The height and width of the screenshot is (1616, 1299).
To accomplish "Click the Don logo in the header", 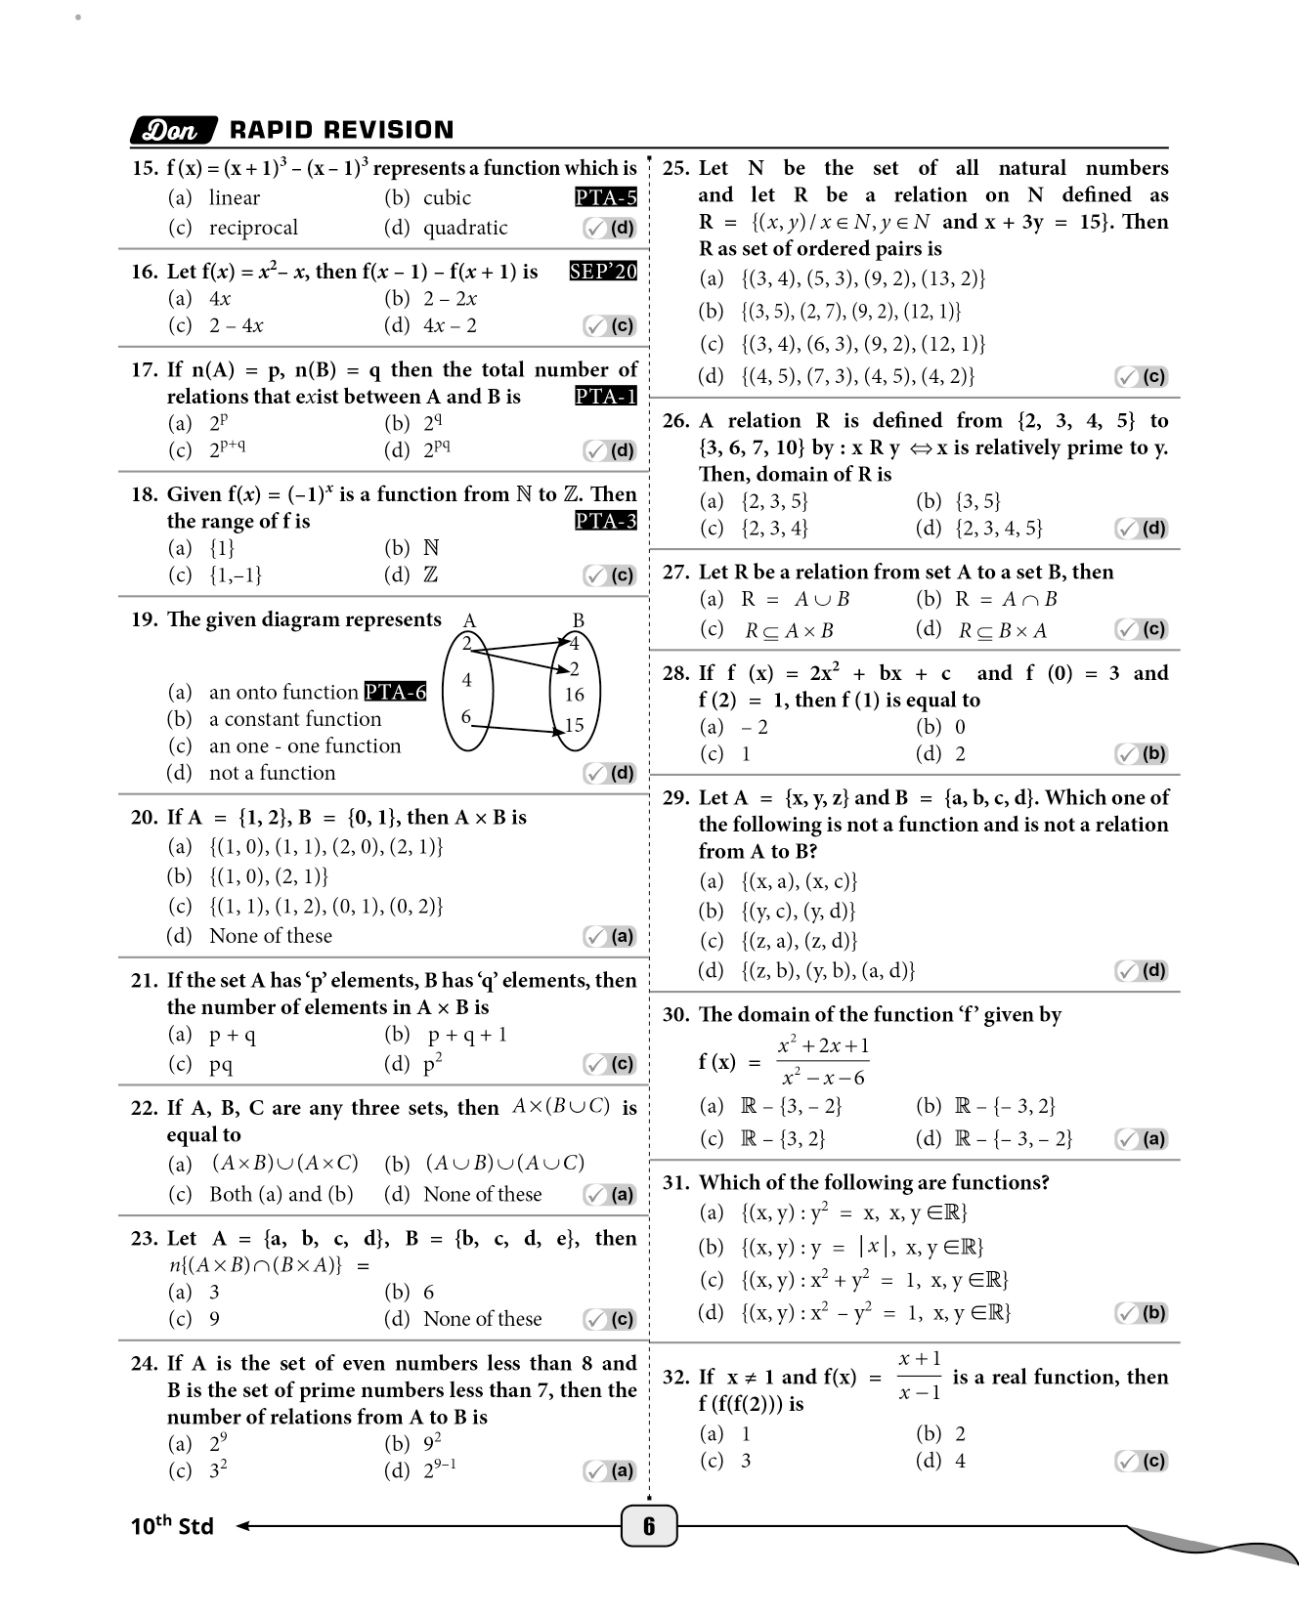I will (x=172, y=131).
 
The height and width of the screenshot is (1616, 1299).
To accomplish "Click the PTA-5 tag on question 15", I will (x=605, y=197).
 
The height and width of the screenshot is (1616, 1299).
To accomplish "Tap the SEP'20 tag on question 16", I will (x=603, y=272).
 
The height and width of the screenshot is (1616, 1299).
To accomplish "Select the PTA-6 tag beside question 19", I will (x=395, y=692).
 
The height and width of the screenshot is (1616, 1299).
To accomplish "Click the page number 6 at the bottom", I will (x=648, y=1526).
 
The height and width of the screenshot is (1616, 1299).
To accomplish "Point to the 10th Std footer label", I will (x=172, y=1526).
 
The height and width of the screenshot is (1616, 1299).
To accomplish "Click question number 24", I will (x=144, y=1363).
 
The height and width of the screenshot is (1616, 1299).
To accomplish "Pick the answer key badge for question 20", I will (x=610, y=937).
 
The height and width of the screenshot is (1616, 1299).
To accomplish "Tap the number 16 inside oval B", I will (x=574, y=695).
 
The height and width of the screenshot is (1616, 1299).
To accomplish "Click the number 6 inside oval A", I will (x=466, y=717).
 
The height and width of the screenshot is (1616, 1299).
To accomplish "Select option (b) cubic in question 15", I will (x=427, y=197).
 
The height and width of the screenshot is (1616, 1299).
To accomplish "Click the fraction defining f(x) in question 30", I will (x=823, y=1062).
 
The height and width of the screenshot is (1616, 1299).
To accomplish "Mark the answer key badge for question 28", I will (x=1142, y=754).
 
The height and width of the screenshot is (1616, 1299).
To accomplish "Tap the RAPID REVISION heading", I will (x=341, y=130).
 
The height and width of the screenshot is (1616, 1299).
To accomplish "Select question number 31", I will (x=675, y=1183).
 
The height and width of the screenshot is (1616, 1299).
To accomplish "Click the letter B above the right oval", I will (x=578, y=620).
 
